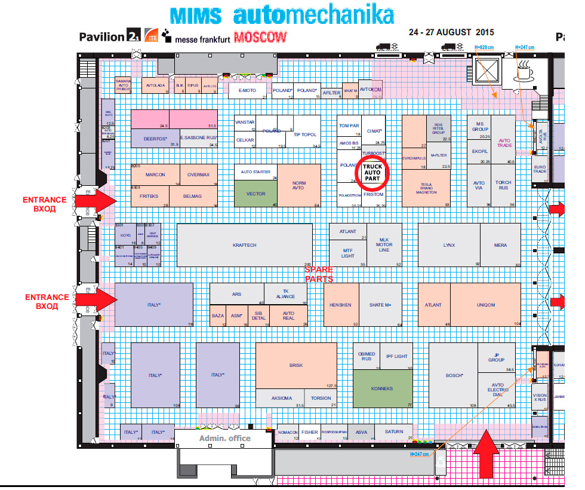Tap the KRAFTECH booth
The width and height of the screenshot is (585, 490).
pyautogui.click(x=245, y=246)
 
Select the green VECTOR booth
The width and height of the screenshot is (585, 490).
pyautogui.click(x=255, y=194)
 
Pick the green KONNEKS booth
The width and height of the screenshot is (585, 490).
pyautogui.click(x=382, y=389)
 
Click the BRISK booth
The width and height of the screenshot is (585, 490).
pyautogui.click(x=296, y=366)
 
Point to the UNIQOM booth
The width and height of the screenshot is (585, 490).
pyautogui.click(x=486, y=305)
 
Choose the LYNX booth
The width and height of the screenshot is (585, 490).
pyautogui.click(x=449, y=246)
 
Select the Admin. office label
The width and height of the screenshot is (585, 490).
pyautogui.click(x=224, y=439)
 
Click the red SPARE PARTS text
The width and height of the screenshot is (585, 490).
pyautogui.click(x=319, y=274)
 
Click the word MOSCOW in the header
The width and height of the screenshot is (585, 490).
pyautogui.click(x=260, y=37)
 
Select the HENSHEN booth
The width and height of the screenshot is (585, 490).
pyautogui.click(x=340, y=305)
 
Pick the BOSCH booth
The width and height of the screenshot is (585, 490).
pyautogui.click(x=455, y=375)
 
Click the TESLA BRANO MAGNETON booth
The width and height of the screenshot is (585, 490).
pyautogui.click(x=426, y=188)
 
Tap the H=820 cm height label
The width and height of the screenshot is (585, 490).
pyautogui.click(x=484, y=47)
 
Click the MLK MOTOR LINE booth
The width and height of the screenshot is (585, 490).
pyautogui.click(x=384, y=244)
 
